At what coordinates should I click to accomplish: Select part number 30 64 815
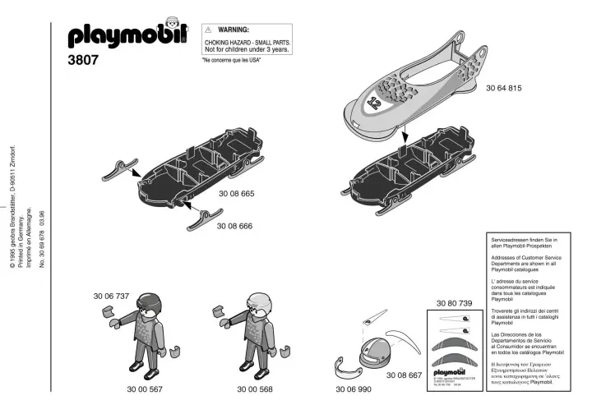point(503,88)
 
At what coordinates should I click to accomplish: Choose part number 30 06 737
point(111,295)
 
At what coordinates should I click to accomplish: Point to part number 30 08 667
point(404,375)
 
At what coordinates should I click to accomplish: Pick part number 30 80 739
point(454,304)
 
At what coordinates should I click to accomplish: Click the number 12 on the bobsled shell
point(374,103)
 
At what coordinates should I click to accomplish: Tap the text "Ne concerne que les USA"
point(231,62)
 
